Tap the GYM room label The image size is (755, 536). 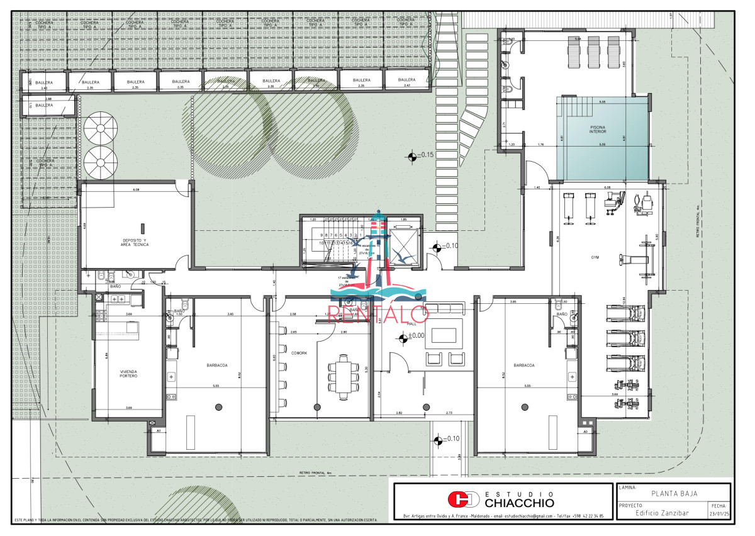point(595,257)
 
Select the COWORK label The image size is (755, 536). point(299,354)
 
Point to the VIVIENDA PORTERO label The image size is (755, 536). point(128,374)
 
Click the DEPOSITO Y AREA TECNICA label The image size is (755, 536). point(135,243)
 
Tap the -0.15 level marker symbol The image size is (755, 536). point(411,155)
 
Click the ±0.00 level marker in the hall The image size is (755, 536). point(403,338)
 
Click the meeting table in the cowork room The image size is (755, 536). point(343,376)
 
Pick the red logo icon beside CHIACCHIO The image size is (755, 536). point(462,500)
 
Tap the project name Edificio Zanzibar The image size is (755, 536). point(662,513)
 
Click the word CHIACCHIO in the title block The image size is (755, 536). point(520,503)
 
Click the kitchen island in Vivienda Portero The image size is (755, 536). point(133,328)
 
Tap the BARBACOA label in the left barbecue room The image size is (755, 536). point(216,365)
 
